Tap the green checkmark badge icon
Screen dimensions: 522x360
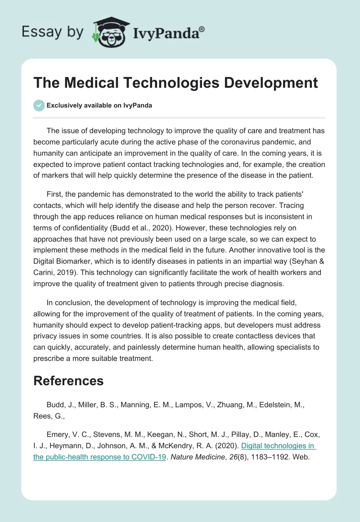pos(39,105)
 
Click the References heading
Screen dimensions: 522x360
pos(68,381)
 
